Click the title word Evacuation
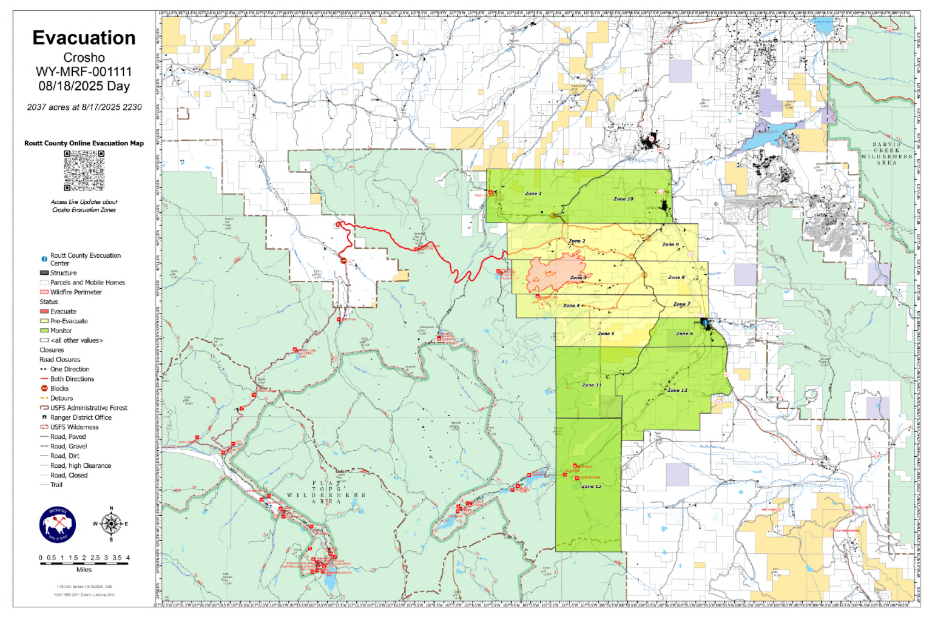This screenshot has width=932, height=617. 84,38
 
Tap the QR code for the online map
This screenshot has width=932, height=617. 84,170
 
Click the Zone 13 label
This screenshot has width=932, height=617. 591,487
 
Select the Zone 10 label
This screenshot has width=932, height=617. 623,199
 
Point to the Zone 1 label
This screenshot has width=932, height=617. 533,194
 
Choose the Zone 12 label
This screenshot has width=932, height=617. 677,391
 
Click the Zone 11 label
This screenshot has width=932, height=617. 592,385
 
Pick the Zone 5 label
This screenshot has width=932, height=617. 606,334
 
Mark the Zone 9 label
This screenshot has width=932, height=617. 670,244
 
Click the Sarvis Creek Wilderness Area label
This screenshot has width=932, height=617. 886,154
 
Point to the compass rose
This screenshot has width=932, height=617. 110,524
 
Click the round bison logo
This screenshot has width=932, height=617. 58,525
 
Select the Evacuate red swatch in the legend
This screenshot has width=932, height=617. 44,311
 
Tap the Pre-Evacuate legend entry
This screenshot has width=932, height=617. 69,321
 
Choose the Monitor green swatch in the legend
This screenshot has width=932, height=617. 44,331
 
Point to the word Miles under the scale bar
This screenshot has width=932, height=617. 84,570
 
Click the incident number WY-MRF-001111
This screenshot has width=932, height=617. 84,72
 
